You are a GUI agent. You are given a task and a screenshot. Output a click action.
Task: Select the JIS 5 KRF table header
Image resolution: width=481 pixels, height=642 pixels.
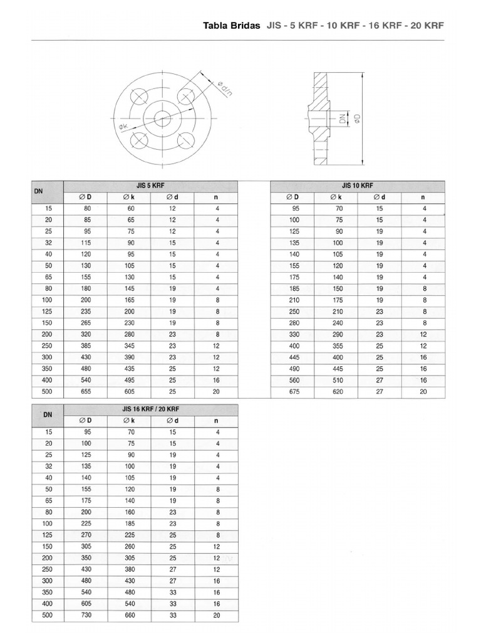pos(150,186)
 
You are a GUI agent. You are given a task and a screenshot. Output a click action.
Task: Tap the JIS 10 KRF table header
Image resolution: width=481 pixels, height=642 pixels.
pos(357,186)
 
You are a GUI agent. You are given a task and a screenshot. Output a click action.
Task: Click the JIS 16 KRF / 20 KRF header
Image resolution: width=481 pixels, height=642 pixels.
pos(150,409)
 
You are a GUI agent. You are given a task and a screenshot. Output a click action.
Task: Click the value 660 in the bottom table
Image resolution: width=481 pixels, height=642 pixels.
pos(128,615)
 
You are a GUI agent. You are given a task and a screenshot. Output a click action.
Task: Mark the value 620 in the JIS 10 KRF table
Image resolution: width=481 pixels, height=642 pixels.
pos(336,392)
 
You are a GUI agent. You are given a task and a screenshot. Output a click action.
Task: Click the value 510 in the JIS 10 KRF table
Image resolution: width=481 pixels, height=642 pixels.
pos(336,380)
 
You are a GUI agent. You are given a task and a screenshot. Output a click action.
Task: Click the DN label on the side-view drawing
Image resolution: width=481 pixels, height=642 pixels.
pos(343,117)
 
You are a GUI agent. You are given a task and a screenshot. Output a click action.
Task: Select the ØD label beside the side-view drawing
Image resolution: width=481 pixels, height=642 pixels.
pos(357,118)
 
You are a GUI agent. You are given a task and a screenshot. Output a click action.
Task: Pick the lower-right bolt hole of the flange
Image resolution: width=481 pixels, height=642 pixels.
pos(185,139)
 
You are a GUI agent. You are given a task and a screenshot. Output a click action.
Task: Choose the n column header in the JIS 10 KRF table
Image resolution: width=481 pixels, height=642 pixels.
pos(424,197)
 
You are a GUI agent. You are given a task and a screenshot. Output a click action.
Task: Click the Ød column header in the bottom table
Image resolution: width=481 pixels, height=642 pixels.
pos(172,421)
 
